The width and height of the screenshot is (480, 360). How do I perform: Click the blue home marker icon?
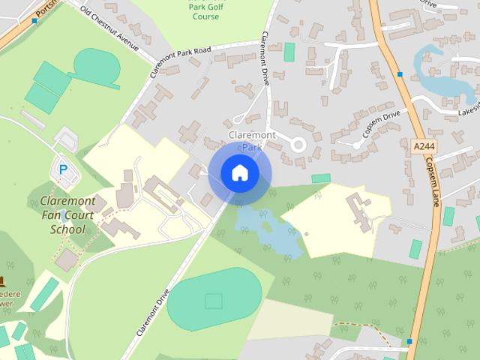coord(239,173)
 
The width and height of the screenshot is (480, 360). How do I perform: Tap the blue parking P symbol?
coord(63,170)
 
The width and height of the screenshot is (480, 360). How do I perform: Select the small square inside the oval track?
coord(214,301)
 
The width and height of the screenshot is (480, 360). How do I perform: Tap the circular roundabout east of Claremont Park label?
coord(299,145)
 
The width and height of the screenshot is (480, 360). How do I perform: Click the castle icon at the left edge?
coord(2,282)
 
